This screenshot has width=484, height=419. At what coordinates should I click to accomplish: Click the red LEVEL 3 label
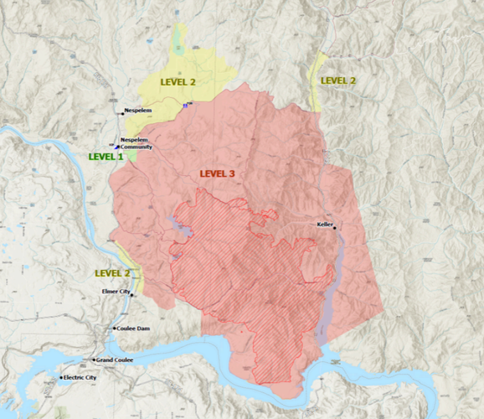coord(217,174)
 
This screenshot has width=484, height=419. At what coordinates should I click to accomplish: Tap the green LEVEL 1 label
coord(106,157)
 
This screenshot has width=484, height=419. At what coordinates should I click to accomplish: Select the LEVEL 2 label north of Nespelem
coord(178,83)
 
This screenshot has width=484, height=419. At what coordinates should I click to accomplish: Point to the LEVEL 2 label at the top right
coord(338,80)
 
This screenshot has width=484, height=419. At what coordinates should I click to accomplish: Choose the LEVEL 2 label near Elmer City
coord(112,273)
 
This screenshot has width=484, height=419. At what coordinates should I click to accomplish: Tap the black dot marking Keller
coord(335,228)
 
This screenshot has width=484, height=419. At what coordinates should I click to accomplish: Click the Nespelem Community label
coord(136,143)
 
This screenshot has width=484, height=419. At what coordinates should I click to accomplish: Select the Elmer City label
coord(116,292)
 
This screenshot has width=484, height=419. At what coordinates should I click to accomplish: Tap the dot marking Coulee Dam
coord(115,328)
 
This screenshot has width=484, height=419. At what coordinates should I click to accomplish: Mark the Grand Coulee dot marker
coord(93,360)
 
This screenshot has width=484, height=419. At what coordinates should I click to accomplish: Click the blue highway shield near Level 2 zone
coord(185,105)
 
